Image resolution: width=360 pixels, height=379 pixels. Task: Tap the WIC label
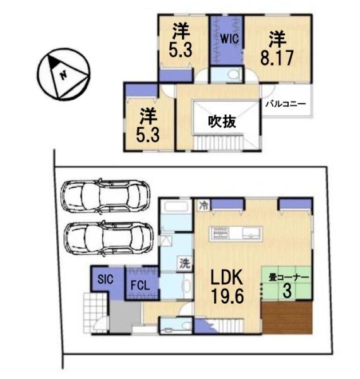[228, 37]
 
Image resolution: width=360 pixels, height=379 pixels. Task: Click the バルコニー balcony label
[285, 104]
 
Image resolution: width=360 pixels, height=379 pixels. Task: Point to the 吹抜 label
[222, 121]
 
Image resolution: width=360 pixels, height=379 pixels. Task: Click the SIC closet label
[104, 279]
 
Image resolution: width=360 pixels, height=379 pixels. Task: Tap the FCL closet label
[140, 285]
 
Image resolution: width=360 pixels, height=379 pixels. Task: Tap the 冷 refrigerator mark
[203, 205]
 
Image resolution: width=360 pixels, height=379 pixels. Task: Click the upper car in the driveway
[107, 195]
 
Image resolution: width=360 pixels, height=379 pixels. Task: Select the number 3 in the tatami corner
[287, 291]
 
